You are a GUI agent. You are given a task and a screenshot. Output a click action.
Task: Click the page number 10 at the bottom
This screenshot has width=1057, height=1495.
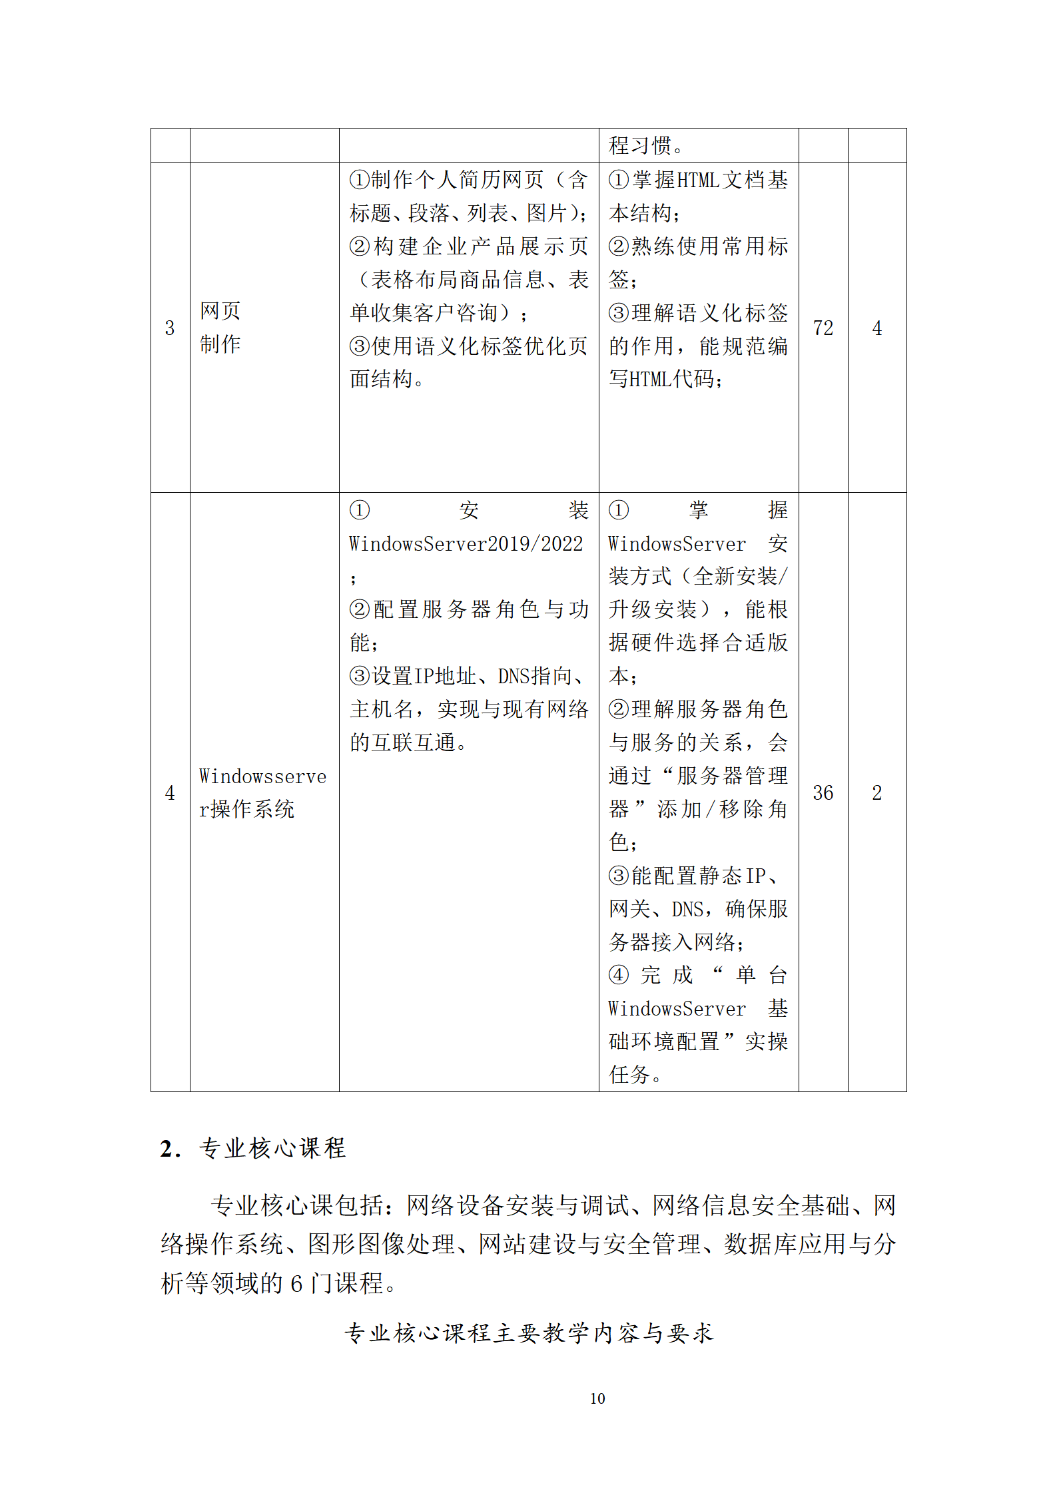click(597, 1398)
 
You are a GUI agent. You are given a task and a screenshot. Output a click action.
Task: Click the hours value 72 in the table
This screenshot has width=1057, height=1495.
click(823, 328)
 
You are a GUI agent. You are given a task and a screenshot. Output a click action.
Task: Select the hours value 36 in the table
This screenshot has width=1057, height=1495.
click(823, 792)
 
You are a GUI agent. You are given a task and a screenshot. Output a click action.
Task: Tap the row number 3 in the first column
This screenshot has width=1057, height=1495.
click(170, 328)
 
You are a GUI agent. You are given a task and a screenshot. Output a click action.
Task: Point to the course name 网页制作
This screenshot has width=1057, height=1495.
click(220, 328)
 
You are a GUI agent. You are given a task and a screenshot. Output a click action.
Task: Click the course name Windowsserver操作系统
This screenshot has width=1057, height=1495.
click(262, 792)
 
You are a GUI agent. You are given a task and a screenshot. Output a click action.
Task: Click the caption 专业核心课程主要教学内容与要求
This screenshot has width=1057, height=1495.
click(529, 1333)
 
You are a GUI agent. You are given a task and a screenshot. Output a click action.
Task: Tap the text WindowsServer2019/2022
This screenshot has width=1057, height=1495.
click(466, 544)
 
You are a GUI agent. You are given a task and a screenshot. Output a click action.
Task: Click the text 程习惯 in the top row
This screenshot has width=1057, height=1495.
click(640, 145)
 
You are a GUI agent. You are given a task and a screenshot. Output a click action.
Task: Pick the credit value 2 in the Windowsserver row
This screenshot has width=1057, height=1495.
click(877, 792)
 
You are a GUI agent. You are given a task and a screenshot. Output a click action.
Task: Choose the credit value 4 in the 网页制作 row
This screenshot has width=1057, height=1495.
click(877, 328)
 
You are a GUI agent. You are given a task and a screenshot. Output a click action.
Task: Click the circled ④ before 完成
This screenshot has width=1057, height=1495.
click(618, 975)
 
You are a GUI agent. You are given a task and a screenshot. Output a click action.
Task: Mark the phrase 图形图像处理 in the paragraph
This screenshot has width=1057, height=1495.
click(381, 1244)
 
